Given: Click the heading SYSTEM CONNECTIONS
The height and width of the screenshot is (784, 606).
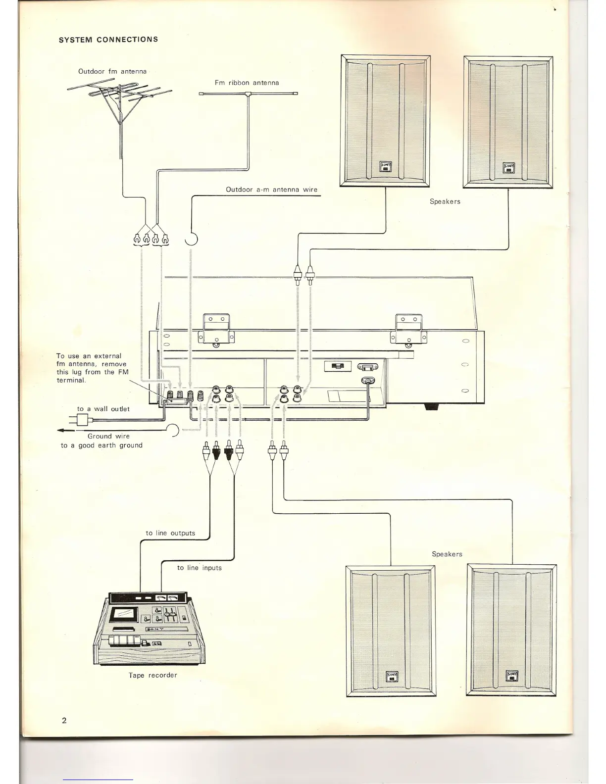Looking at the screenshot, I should point(108,40).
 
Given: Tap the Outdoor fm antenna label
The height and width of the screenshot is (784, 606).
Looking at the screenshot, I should point(112,71).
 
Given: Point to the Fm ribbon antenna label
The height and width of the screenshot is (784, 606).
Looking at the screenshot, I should point(247,83).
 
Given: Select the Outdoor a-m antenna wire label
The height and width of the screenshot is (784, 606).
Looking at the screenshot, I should point(271,190).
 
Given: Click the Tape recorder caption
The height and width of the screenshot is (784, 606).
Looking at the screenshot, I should point(152,675).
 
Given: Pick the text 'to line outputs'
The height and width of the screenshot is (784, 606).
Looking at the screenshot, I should point(170,533).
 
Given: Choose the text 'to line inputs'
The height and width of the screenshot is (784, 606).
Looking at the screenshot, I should point(199,568).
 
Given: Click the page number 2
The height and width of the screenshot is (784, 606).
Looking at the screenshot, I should point(64,720).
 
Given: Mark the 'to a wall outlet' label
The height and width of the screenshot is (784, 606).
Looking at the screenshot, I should point(103,409).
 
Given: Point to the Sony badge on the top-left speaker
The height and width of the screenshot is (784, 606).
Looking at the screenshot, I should point(385,167).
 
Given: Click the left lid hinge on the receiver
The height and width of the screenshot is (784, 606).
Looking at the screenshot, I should point(216,329).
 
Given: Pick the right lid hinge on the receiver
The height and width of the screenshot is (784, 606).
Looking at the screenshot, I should point(408,329).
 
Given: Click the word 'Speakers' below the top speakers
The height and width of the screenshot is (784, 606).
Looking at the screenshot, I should point(445,201).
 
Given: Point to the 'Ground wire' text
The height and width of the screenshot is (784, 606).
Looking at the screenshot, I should point(108,436).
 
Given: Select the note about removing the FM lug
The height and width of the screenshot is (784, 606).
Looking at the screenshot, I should point(92,368).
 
